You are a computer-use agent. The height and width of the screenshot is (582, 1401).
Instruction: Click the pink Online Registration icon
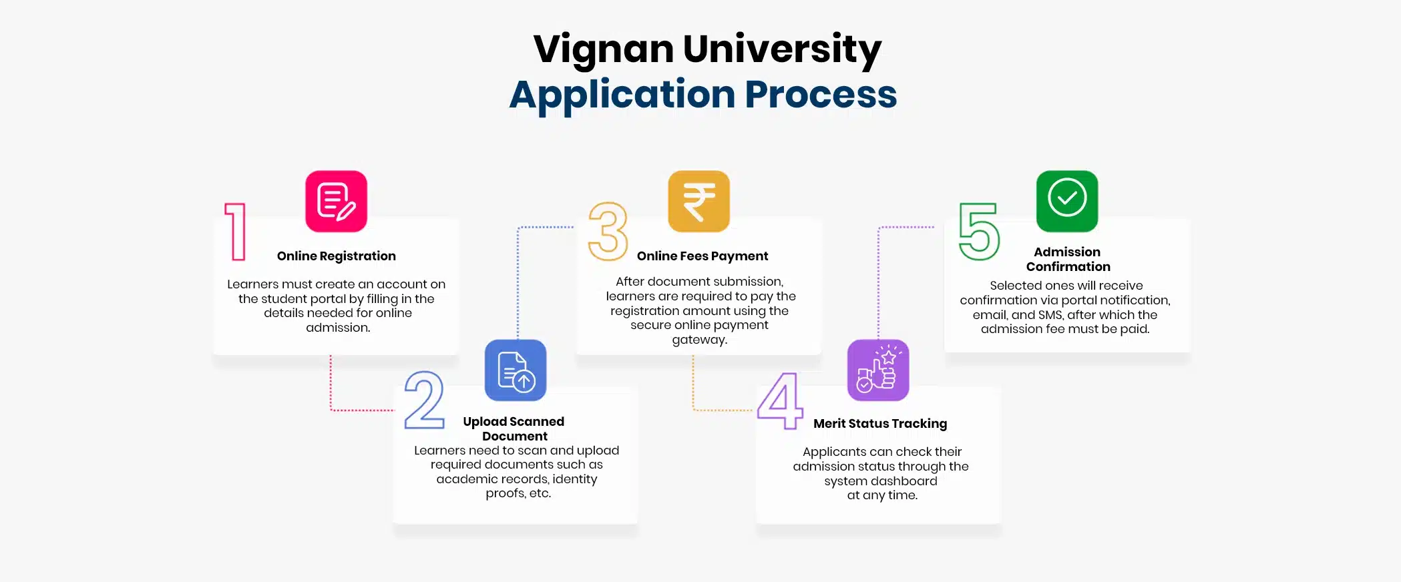[336, 201]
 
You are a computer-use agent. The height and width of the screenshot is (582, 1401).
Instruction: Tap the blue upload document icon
[516, 370]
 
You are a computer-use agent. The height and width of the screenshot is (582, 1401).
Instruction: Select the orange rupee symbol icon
[698, 201]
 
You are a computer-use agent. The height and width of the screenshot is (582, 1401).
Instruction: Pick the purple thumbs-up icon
[877, 370]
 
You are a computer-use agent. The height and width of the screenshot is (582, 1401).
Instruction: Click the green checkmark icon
[1066, 201]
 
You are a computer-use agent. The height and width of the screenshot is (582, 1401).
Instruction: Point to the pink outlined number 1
[236, 232]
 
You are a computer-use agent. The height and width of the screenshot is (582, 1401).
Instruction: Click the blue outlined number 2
[424, 400]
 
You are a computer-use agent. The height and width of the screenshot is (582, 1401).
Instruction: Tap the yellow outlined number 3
[608, 232]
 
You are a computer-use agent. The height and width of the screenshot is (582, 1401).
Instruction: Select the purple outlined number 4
[780, 400]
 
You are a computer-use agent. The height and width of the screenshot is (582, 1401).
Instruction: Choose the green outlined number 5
[979, 232]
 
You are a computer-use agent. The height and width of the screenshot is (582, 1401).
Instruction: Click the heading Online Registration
[336, 256]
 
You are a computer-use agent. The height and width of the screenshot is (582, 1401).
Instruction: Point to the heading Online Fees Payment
[702, 256]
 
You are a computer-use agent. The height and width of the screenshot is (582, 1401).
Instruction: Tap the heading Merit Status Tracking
[879, 424]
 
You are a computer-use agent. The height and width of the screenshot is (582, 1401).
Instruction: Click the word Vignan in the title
[604, 50]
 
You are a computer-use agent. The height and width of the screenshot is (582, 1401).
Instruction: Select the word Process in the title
[821, 95]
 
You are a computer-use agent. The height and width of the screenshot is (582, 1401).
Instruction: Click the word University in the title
[782, 50]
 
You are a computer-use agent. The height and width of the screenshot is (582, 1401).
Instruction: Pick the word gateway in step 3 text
[698, 340]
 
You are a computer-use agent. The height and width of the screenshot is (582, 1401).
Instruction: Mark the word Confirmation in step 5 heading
[1068, 267]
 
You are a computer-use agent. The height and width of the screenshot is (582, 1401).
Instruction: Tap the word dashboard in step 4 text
[904, 481]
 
